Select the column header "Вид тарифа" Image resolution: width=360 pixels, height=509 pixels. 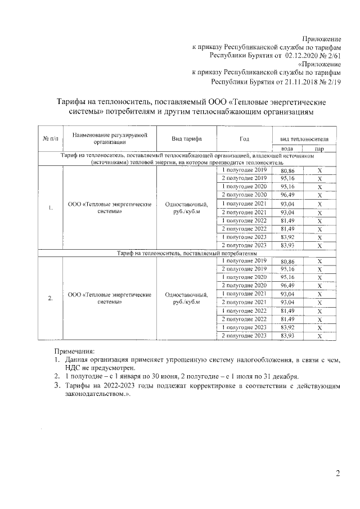point(187,138)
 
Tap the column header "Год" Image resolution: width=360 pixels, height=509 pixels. point(244,138)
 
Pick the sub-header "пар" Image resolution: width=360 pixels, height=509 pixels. point(319,148)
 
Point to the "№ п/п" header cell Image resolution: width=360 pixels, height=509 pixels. point(50,138)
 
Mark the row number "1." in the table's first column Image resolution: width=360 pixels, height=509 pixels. point(50,208)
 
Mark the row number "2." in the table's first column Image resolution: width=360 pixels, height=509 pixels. point(50,298)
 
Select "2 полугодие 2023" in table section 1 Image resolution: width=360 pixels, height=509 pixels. point(244,245)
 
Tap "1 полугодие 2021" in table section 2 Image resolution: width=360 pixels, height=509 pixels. point(244,294)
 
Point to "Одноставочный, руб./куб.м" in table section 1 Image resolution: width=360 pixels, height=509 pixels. point(187,208)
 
